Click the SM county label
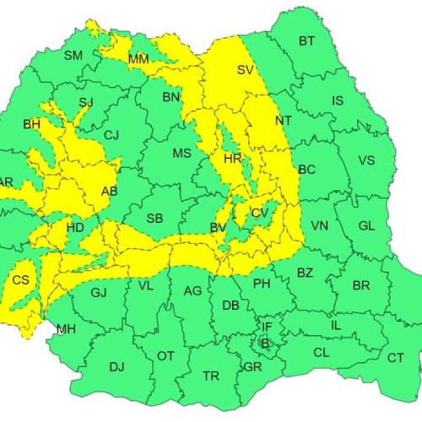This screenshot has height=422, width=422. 73,56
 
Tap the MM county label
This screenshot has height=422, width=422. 138,59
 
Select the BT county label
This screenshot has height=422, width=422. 306,41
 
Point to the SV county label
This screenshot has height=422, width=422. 245,69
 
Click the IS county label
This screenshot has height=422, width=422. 338,101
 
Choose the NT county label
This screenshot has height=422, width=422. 283,121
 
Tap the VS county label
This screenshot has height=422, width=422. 366,160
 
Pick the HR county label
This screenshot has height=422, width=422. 232,158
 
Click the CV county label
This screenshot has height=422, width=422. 259,214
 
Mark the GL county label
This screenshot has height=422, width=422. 366,225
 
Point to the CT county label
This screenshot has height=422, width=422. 395,358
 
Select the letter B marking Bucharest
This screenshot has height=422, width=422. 264,343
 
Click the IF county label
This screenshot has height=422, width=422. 267,326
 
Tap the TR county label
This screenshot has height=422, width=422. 211,376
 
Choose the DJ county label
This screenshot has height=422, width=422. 116,366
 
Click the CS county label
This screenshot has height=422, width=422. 21,279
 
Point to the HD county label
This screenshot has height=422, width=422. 75,227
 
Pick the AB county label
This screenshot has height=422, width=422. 110,191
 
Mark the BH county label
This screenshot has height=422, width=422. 32,124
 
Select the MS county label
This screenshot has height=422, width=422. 181,153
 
